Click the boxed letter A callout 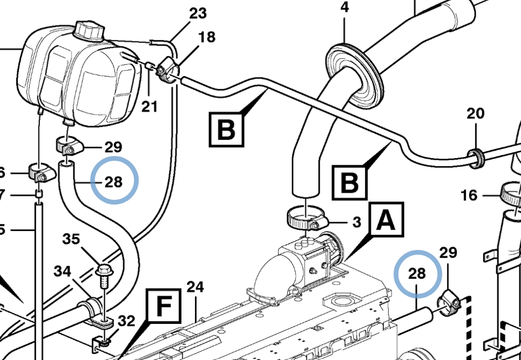point(385,221)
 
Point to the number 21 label point(150,106)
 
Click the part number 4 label point(344,8)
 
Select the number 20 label point(476,113)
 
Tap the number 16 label point(470,195)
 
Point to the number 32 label point(126,321)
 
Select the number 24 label point(194,287)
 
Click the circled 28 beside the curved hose point(114,181)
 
